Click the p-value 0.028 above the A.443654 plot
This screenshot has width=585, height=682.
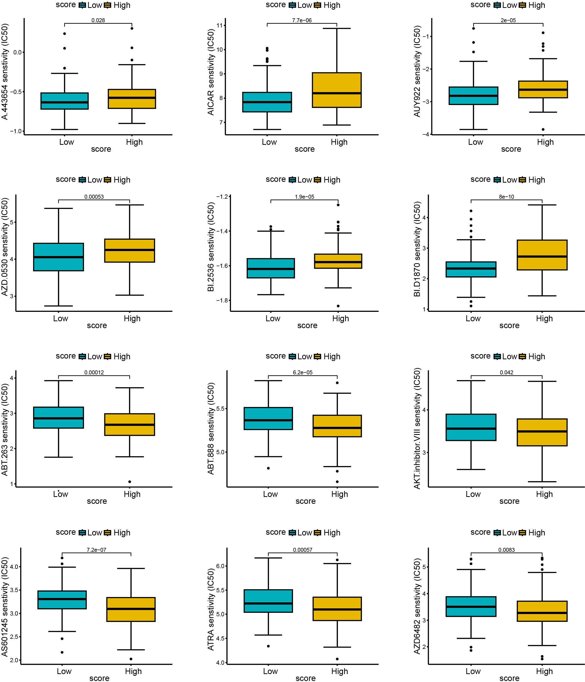tap(98, 21)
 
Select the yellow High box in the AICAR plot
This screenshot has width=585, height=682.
tap(336, 90)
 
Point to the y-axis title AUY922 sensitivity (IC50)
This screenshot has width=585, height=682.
tap(417, 72)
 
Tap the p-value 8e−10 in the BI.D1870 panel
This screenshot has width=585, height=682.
tap(506, 197)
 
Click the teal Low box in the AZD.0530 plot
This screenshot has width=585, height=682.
tap(59, 257)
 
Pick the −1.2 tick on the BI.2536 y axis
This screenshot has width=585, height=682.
tap(222, 196)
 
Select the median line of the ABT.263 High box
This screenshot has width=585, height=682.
tap(130, 425)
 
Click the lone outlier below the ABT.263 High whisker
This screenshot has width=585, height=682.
tap(130, 482)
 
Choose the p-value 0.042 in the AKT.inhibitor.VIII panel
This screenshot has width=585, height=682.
tap(506, 373)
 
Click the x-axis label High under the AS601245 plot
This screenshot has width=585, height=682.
tap(133, 671)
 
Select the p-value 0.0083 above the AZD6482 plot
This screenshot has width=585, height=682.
tap(506, 550)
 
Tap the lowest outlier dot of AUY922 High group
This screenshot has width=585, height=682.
tap(543, 129)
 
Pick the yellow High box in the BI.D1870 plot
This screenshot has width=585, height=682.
tap(542, 255)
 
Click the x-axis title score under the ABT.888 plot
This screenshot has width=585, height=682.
tap(305, 501)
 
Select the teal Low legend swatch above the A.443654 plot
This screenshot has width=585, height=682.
tap(82, 5)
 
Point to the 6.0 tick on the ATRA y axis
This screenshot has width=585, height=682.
tap(220, 566)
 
